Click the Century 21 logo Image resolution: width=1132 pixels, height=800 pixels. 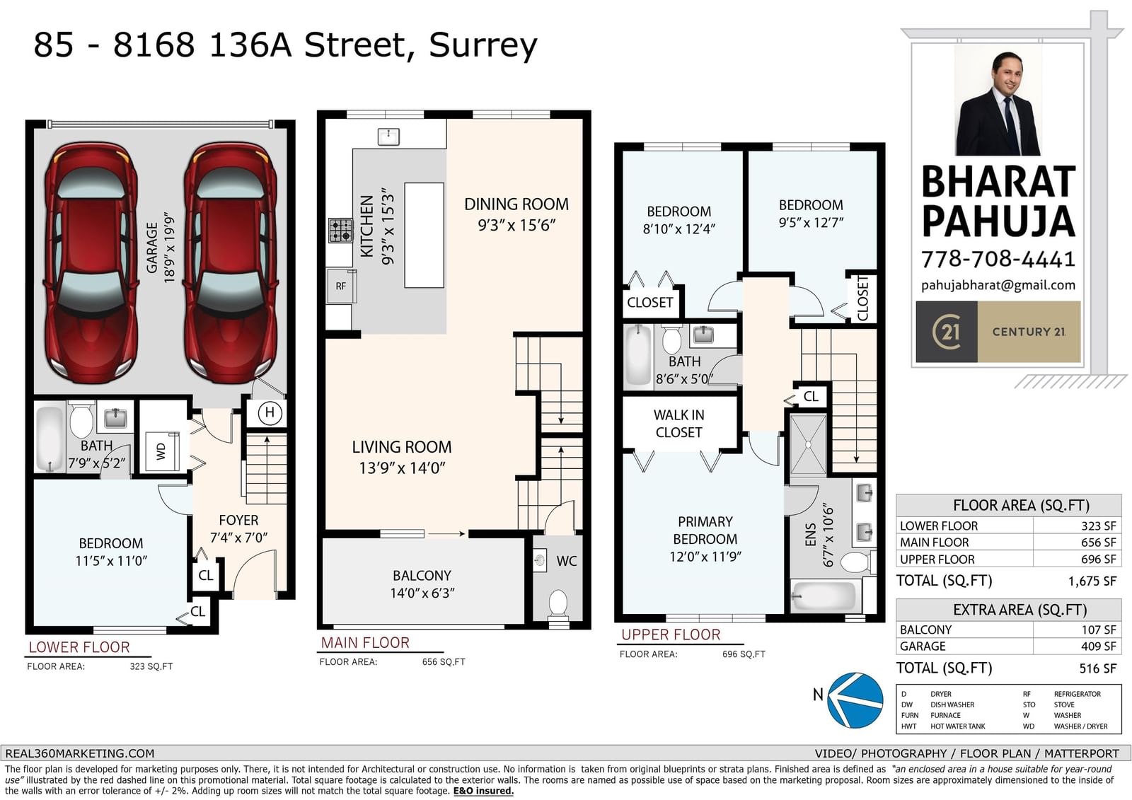point(998,332)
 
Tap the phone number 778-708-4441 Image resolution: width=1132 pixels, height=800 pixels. point(998,260)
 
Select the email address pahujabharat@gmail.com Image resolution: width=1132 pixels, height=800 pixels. point(998,286)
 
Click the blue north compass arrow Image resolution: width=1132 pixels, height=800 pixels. point(855,700)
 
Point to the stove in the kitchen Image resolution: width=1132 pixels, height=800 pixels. point(340,231)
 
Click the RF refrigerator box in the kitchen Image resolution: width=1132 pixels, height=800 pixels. point(341,286)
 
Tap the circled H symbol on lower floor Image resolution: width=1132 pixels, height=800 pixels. point(270,412)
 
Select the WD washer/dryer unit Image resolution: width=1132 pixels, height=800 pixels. point(162,451)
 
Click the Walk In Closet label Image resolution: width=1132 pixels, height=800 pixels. point(678,424)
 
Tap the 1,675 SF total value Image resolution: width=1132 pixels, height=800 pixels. point(1092,581)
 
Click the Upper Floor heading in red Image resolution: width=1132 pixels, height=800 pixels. point(671,634)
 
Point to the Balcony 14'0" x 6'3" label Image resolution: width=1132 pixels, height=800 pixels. point(422,584)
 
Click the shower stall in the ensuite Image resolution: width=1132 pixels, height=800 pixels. point(808,445)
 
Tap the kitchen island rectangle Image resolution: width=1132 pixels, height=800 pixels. point(424,236)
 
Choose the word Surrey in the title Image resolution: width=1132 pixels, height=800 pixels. point(483,45)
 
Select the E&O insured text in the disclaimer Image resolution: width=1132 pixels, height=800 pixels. point(483,791)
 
